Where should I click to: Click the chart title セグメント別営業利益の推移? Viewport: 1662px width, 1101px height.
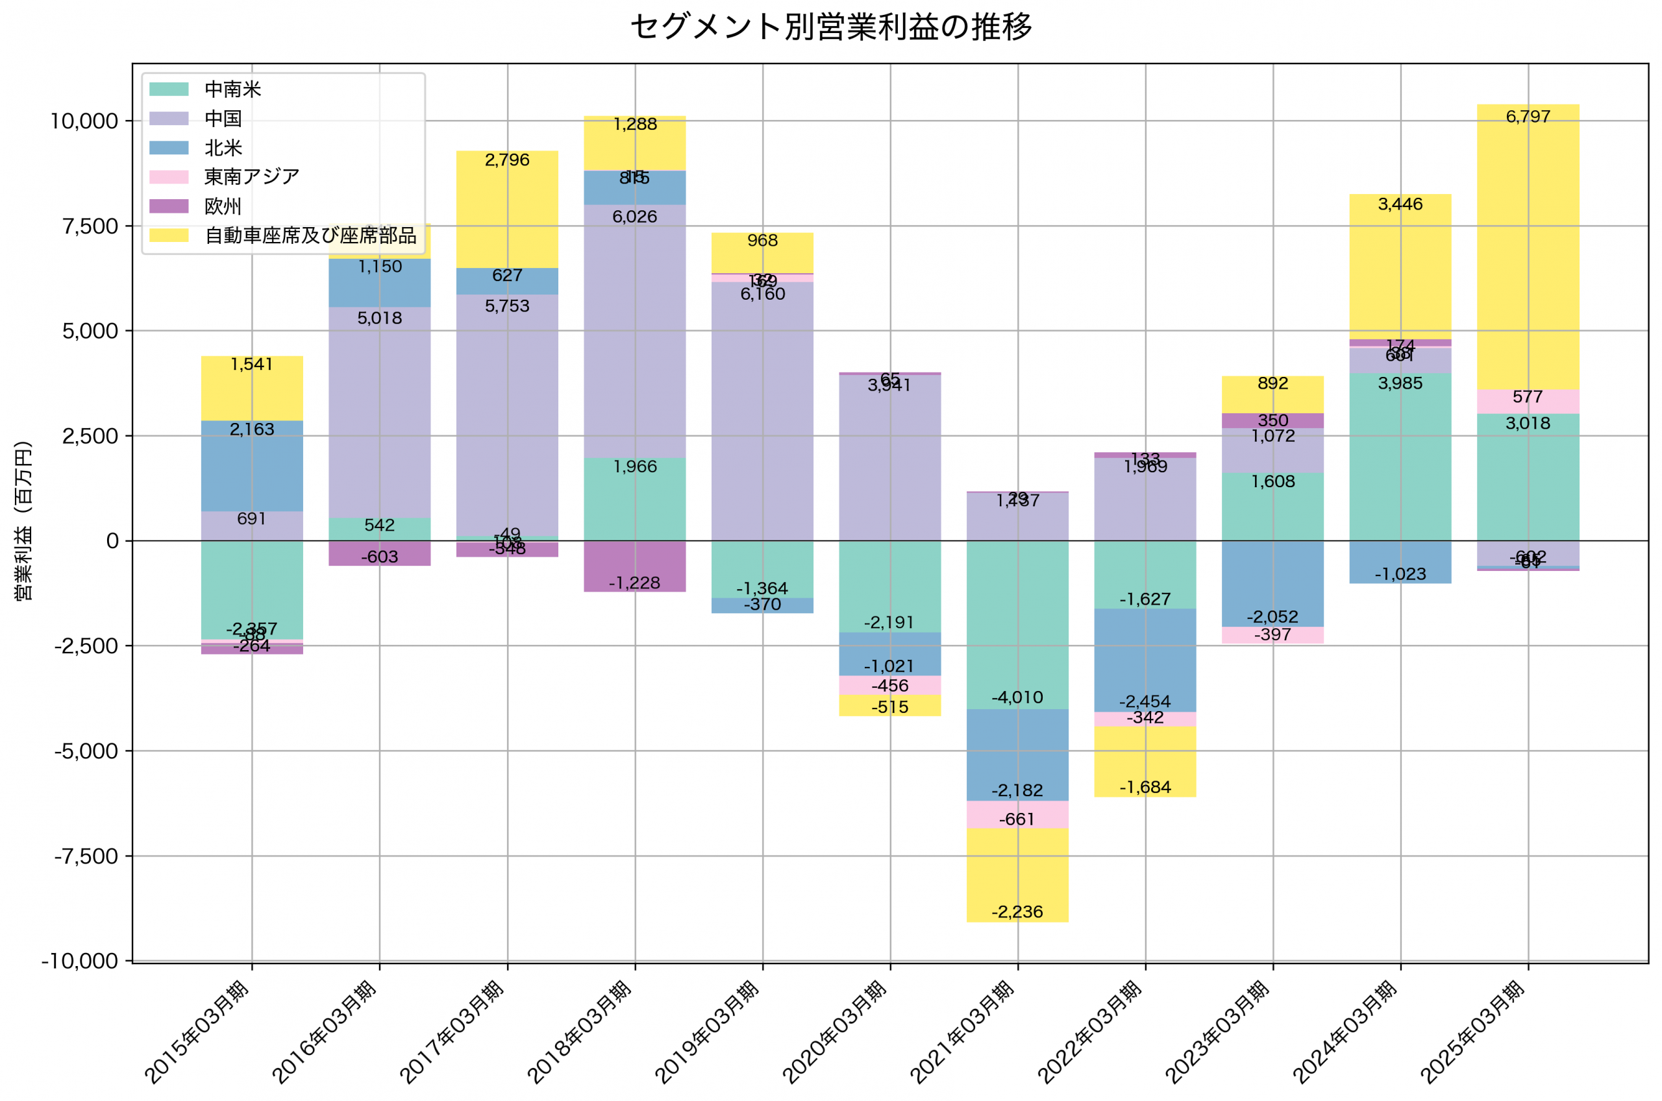click(831, 27)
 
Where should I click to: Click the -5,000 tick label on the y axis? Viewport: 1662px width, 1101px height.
click(86, 751)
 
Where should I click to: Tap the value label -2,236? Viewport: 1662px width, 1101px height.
click(1017, 912)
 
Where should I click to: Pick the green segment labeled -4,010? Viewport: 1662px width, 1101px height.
click(1017, 625)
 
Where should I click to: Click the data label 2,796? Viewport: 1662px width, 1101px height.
click(507, 160)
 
